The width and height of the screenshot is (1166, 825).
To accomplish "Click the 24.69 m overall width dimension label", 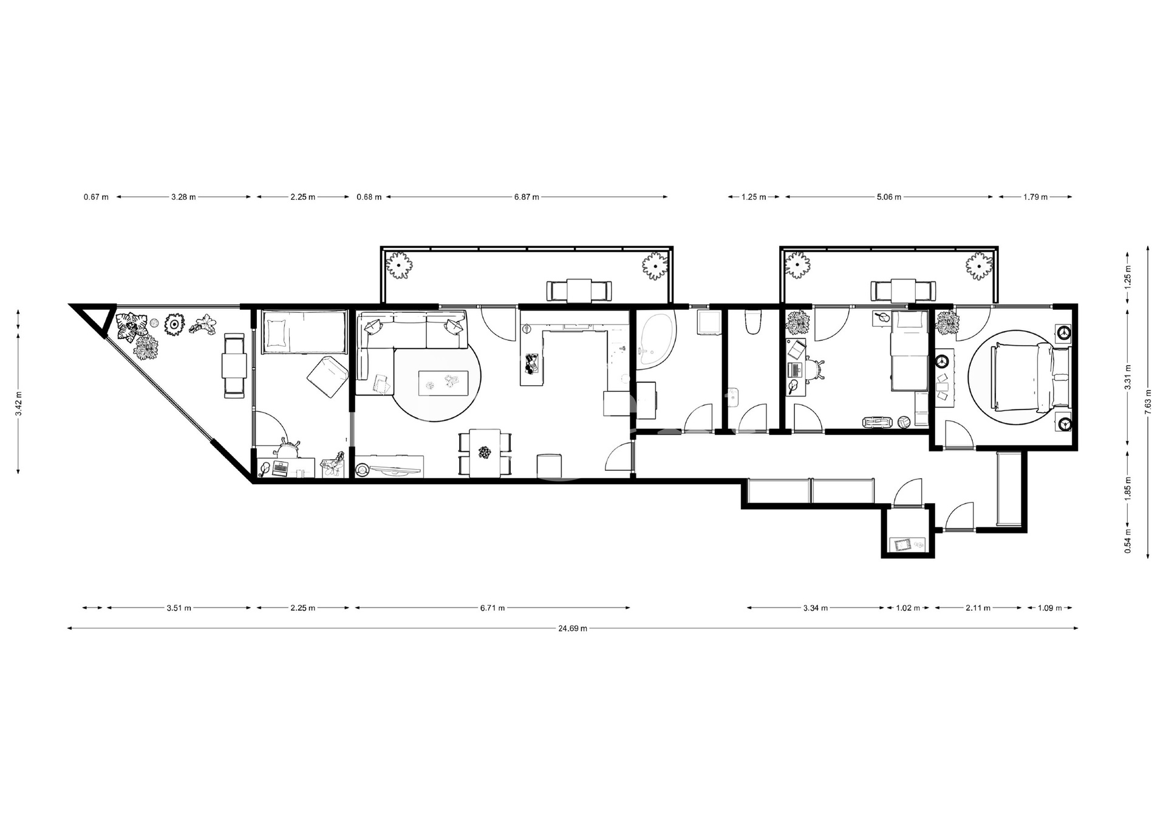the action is pos(573,628).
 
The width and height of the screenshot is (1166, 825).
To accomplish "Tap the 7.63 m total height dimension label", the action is pos(1147,402).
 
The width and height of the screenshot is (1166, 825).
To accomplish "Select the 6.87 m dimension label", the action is pos(527,197).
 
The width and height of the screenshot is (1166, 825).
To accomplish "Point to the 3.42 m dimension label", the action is pos(19,402).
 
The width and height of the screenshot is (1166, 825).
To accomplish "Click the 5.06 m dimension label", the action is pos(889,197).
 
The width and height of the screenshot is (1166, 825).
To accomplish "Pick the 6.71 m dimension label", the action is pos(493,608).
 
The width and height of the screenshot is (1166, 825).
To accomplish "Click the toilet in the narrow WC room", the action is pos(753,323).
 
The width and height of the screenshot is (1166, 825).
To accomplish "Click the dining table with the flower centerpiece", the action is pos(485,453).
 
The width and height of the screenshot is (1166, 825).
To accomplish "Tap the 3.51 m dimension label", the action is pos(179,608).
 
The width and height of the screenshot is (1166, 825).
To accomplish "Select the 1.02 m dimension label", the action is pos(908,608).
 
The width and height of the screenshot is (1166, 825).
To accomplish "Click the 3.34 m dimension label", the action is pos(816,608).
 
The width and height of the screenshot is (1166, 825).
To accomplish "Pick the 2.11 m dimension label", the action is pos(978,608).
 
